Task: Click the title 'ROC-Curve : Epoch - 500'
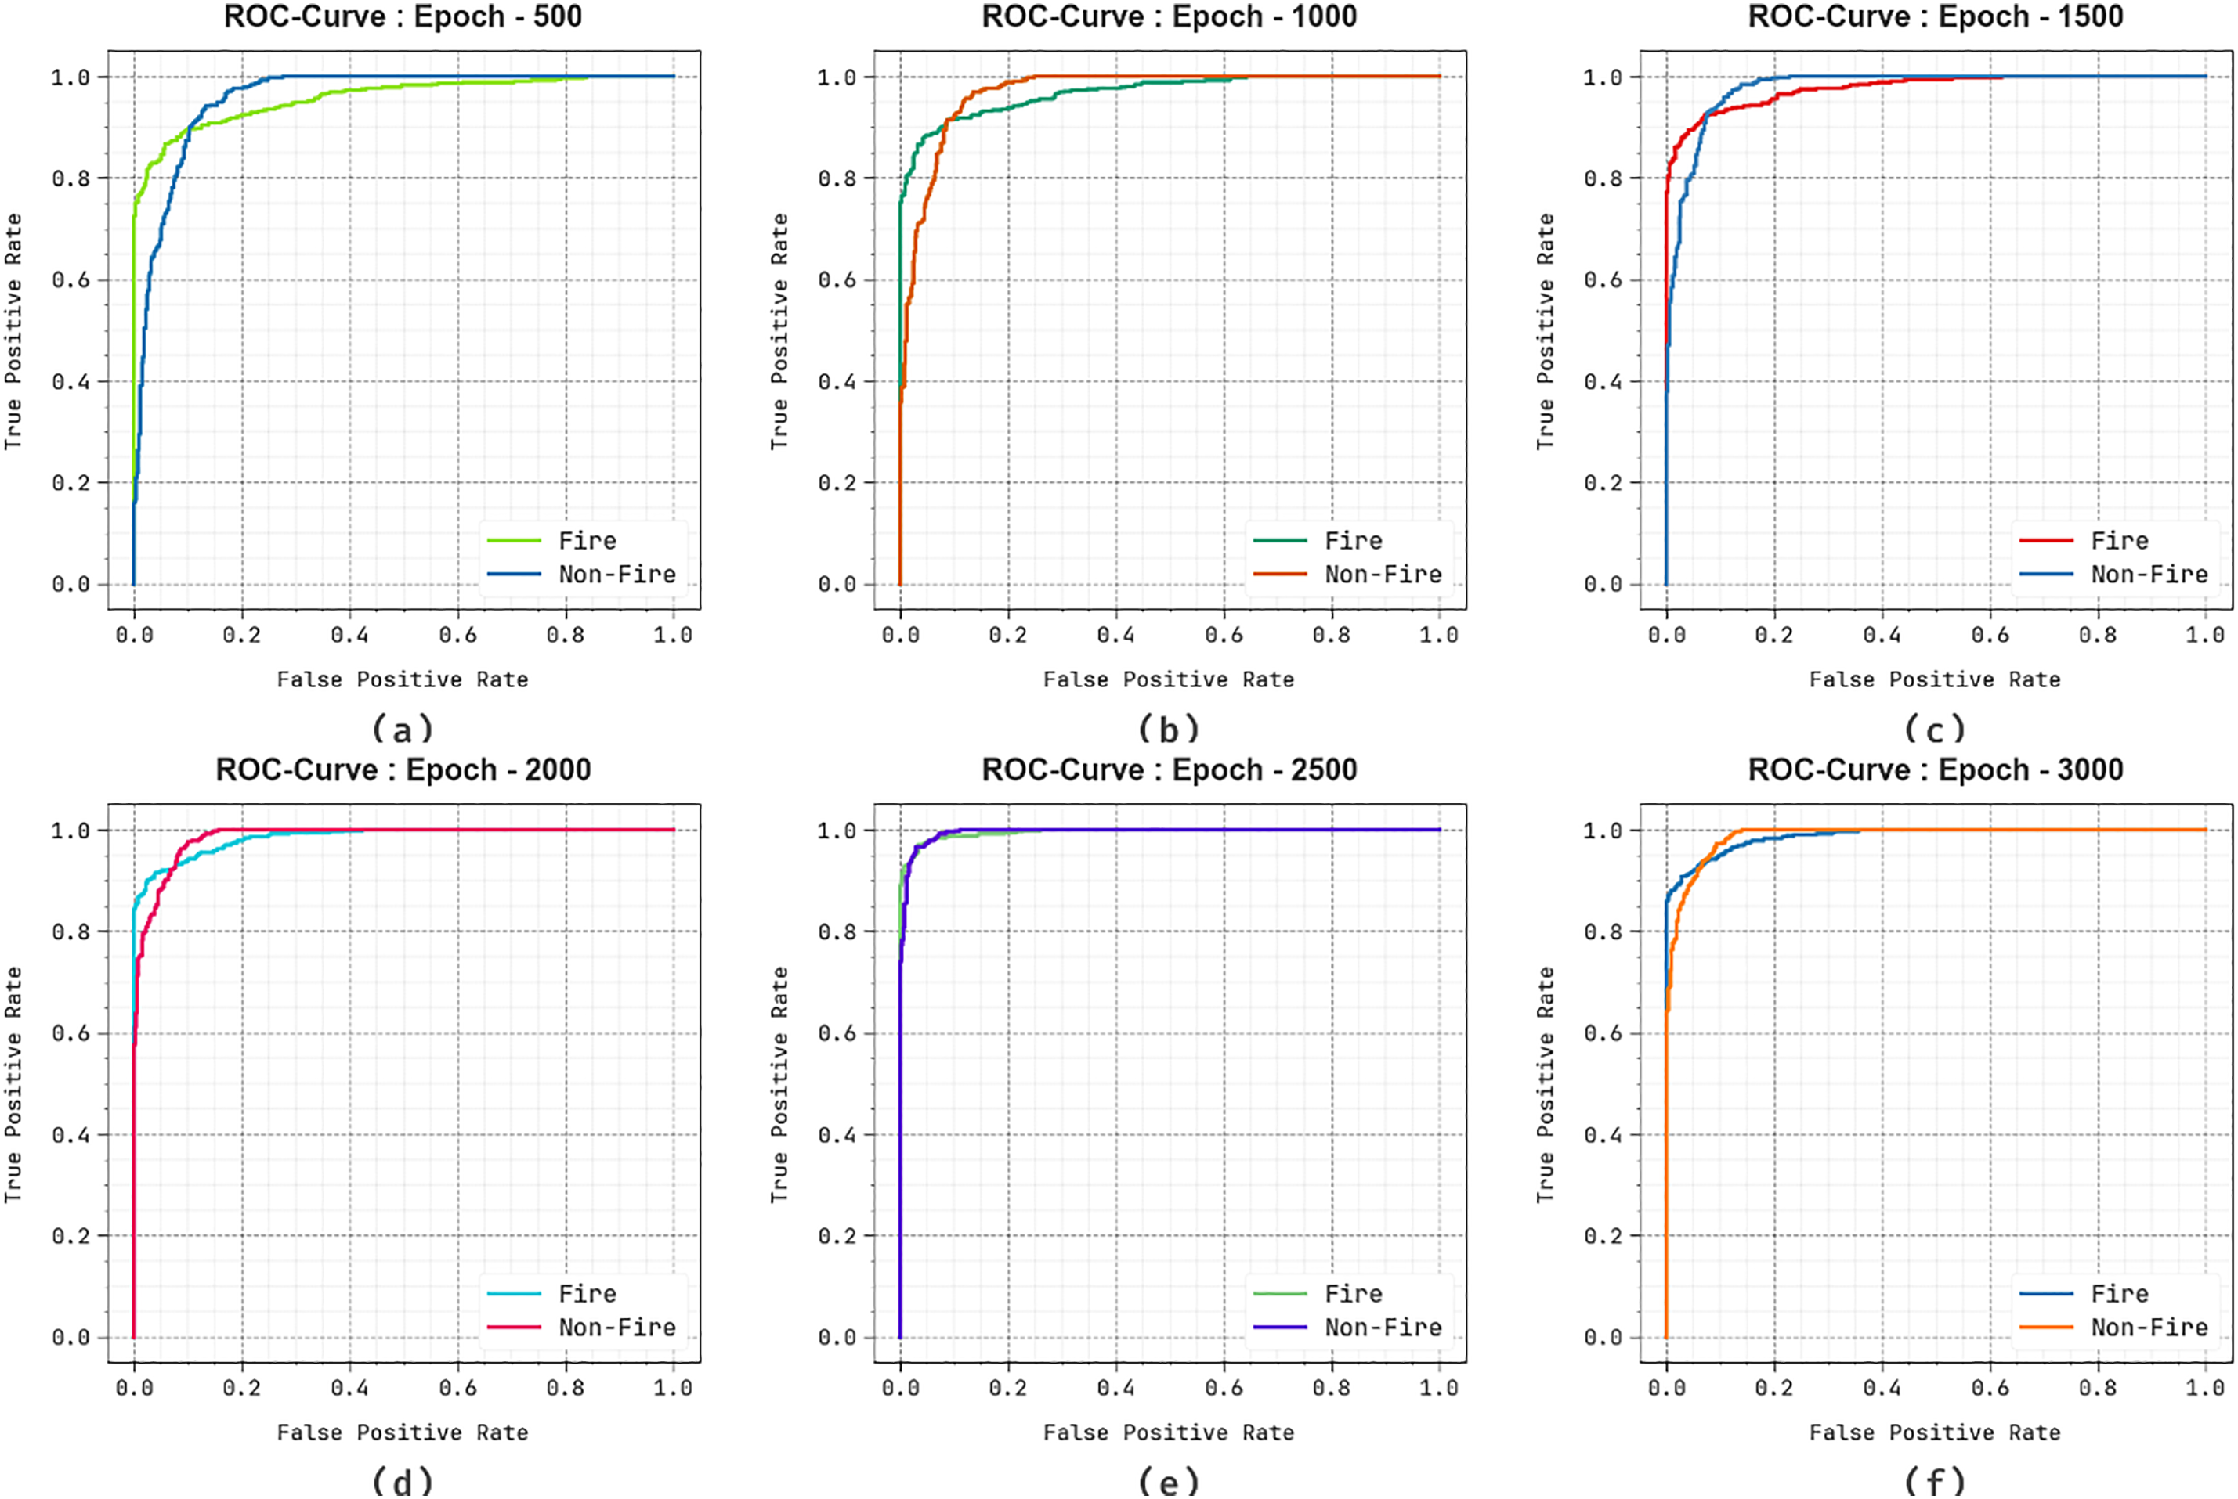403,17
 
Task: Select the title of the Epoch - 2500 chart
1169,769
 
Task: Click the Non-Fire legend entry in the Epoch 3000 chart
2148,1327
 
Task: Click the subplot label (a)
403,730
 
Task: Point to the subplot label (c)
1935,730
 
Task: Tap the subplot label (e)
1169,1482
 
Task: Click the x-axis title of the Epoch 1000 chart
1168,679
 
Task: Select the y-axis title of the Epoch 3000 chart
1546,1084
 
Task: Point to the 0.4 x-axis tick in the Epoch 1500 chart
1882,635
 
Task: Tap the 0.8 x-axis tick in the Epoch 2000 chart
566,1387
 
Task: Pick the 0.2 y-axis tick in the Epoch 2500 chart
837,1236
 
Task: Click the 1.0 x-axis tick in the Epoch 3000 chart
2205,1387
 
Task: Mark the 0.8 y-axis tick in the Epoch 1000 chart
837,178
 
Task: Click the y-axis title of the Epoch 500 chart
13,332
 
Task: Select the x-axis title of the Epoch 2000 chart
403,1432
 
